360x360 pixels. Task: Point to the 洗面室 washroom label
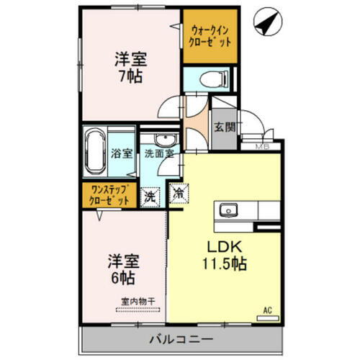pyautogui.click(x=158, y=153)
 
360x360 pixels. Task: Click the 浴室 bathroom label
pyautogui.click(x=122, y=153)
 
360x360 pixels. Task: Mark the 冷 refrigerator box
pyautogui.click(x=177, y=194)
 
